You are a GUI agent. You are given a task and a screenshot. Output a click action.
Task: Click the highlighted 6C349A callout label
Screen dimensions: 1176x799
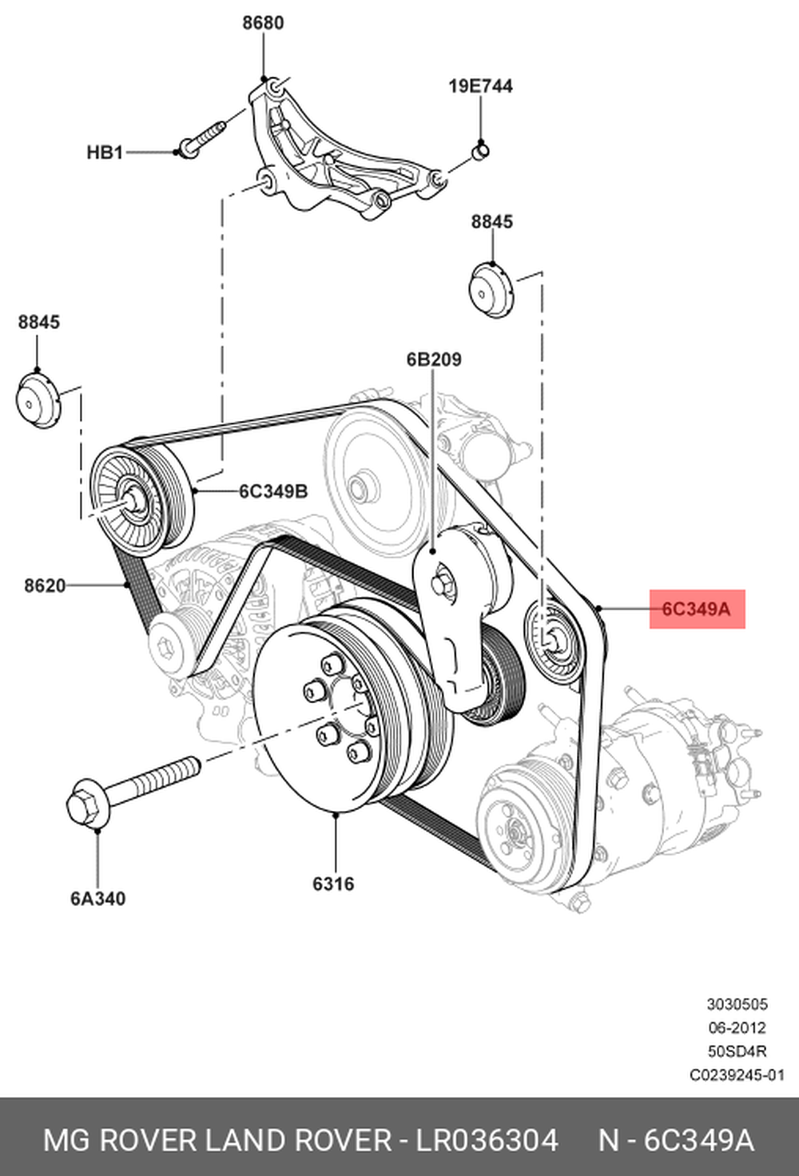(x=696, y=609)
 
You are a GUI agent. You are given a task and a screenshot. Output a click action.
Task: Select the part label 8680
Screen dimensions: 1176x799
(x=263, y=23)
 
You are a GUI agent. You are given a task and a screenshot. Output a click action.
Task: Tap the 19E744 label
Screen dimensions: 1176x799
(x=480, y=85)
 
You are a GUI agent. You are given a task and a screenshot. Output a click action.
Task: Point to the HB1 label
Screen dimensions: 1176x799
(x=105, y=152)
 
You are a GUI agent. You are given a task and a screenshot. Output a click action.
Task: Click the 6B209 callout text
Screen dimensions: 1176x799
(x=434, y=360)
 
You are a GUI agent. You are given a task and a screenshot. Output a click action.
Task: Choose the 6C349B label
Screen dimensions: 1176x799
(x=272, y=491)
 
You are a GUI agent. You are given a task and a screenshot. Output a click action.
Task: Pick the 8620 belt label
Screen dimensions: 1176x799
(x=45, y=586)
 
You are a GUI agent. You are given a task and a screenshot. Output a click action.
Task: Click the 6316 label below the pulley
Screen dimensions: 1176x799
(x=333, y=884)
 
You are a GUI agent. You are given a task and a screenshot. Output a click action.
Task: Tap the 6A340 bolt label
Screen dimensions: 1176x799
(x=97, y=899)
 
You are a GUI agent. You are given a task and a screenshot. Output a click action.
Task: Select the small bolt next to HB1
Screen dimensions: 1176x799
(x=204, y=136)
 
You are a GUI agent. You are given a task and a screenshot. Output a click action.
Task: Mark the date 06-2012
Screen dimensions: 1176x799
(x=736, y=1027)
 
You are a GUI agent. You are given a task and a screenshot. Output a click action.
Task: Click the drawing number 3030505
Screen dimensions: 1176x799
(x=736, y=1004)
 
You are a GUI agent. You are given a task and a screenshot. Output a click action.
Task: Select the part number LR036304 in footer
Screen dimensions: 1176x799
(x=486, y=1141)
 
